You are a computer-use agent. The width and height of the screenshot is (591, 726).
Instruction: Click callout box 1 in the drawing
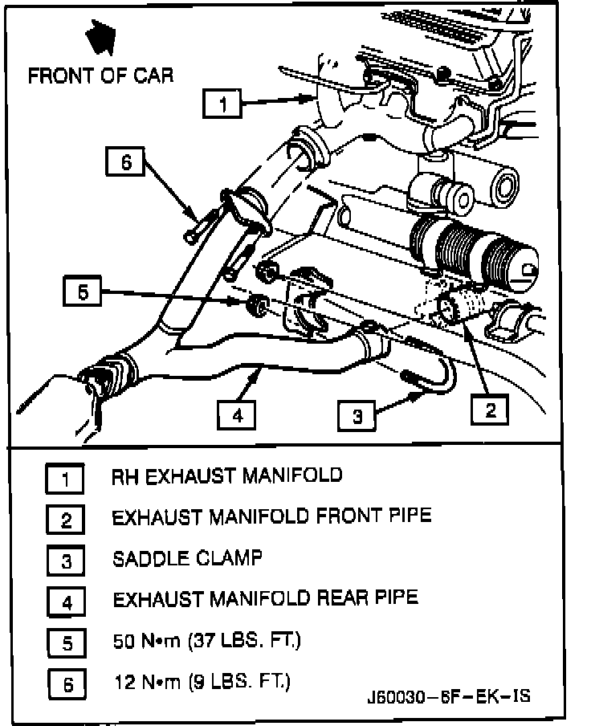click(224, 104)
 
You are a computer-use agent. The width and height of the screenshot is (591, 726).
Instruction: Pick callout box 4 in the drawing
click(238, 415)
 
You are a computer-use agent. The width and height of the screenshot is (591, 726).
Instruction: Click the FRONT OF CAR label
click(100, 76)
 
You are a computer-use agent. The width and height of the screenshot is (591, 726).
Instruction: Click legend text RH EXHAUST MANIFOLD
click(226, 475)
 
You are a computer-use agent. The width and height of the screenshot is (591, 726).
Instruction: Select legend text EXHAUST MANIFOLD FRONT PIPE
click(271, 516)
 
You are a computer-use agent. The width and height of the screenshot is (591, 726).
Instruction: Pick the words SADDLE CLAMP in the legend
click(187, 557)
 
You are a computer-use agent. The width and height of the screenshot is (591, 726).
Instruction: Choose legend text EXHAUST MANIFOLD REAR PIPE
click(265, 598)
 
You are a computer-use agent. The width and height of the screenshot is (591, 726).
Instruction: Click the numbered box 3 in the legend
click(66, 561)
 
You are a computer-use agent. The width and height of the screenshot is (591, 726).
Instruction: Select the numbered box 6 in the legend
click(66, 684)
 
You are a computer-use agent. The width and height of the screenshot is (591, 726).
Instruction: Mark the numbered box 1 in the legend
click(66, 479)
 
